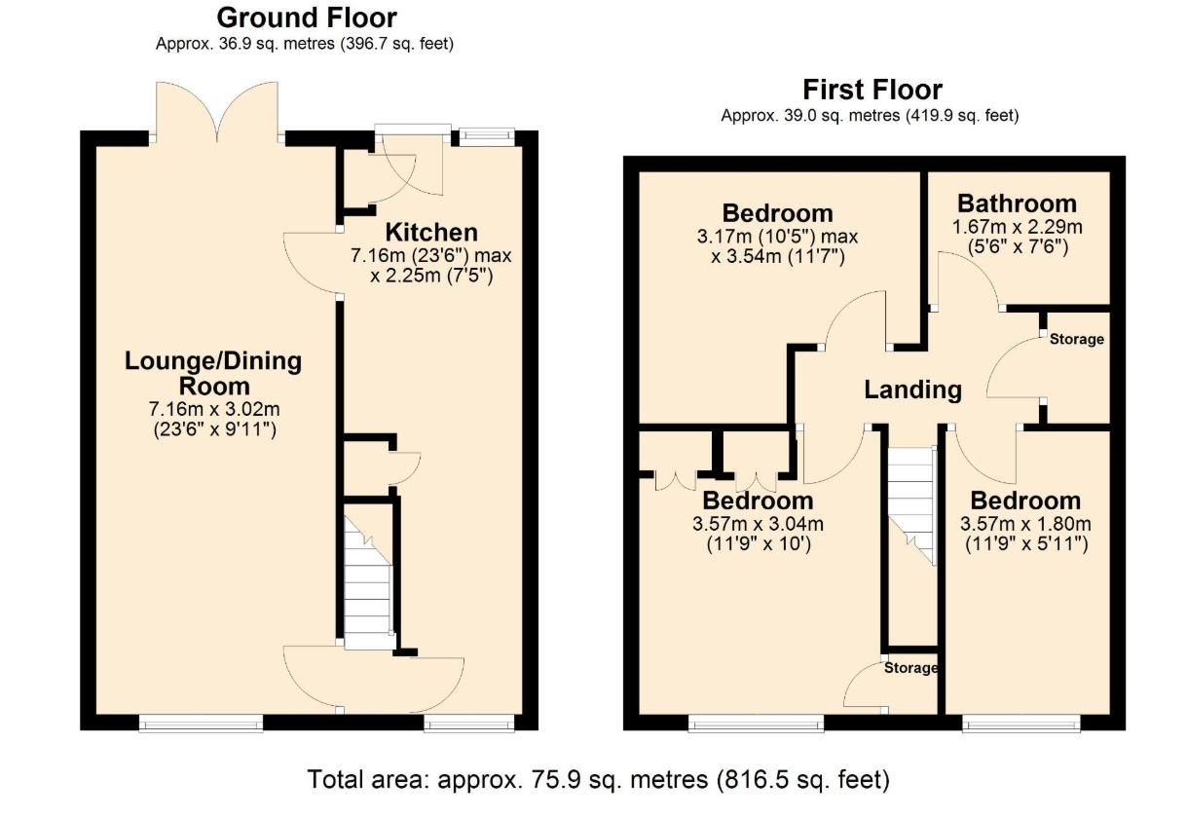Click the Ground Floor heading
click(x=307, y=18)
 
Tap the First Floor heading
click(x=872, y=90)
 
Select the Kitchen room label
click(x=431, y=232)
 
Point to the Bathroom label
click(x=1017, y=204)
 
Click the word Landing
click(x=913, y=390)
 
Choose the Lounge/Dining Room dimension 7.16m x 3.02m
click(x=214, y=409)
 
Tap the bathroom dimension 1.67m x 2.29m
click(x=1017, y=227)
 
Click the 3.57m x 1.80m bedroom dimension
click(x=1026, y=524)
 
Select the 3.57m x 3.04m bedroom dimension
click(x=759, y=524)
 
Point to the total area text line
click(x=598, y=779)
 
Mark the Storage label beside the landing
click(x=1077, y=339)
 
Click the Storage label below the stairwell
click(x=910, y=668)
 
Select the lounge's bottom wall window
click(x=201, y=724)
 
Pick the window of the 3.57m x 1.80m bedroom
click(x=1021, y=724)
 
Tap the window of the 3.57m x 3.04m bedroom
click(x=757, y=724)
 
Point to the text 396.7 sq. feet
click(x=397, y=44)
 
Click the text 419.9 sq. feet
click(x=962, y=116)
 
